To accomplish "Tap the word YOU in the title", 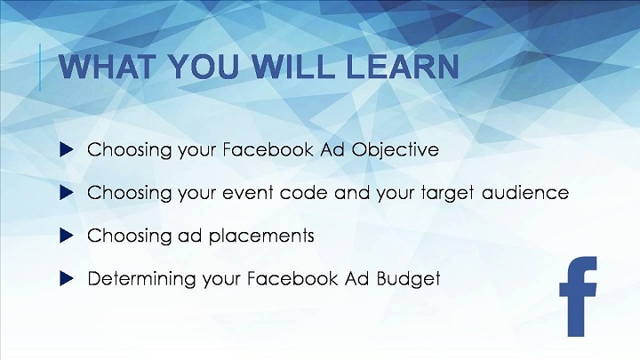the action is (x=204, y=66).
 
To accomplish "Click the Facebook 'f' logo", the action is (x=577, y=297).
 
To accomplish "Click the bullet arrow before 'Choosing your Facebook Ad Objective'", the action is (x=66, y=149).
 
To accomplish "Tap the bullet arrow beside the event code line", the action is (x=66, y=193).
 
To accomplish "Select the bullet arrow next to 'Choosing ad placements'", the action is (x=66, y=236).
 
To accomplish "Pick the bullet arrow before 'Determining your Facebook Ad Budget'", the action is (x=66, y=279).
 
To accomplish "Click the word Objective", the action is (x=395, y=150).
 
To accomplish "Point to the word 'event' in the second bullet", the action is (x=247, y=193).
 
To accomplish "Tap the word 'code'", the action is (x=304, y=192).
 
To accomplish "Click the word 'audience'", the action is (x=525, y=192).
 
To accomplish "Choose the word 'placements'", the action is (x=261, y=236).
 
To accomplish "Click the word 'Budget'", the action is (x=408, y=279).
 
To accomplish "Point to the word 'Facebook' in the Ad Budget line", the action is (x=292, y=279).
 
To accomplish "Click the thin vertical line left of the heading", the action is (x=40, y=68).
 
